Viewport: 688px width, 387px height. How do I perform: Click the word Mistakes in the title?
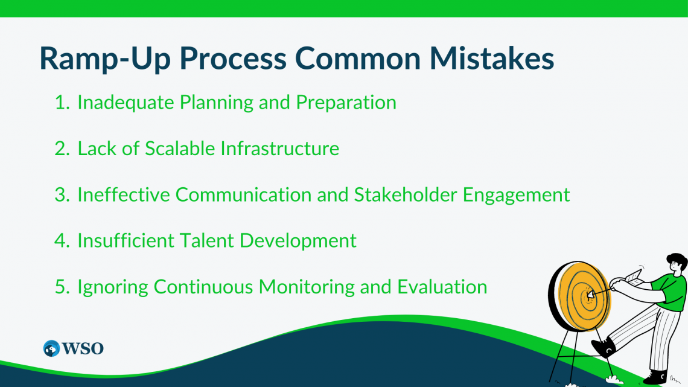(x=491, y=58)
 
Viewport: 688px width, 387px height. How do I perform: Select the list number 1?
(x=62, y=102)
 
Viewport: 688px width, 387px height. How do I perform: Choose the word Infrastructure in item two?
(x=279, y=149)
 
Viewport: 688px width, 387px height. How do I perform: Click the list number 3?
(x=62, y=195)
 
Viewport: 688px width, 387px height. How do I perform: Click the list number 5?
(x=62, y=287)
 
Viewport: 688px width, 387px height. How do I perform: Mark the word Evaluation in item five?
(x=442, y=287)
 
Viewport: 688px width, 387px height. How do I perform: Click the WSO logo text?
(x=83, y=348)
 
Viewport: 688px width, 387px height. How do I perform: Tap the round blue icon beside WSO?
(x=51, y=348)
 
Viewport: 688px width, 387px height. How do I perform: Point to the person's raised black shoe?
(x=604, y=347)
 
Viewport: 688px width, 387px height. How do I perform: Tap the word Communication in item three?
(x=244, y=195)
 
